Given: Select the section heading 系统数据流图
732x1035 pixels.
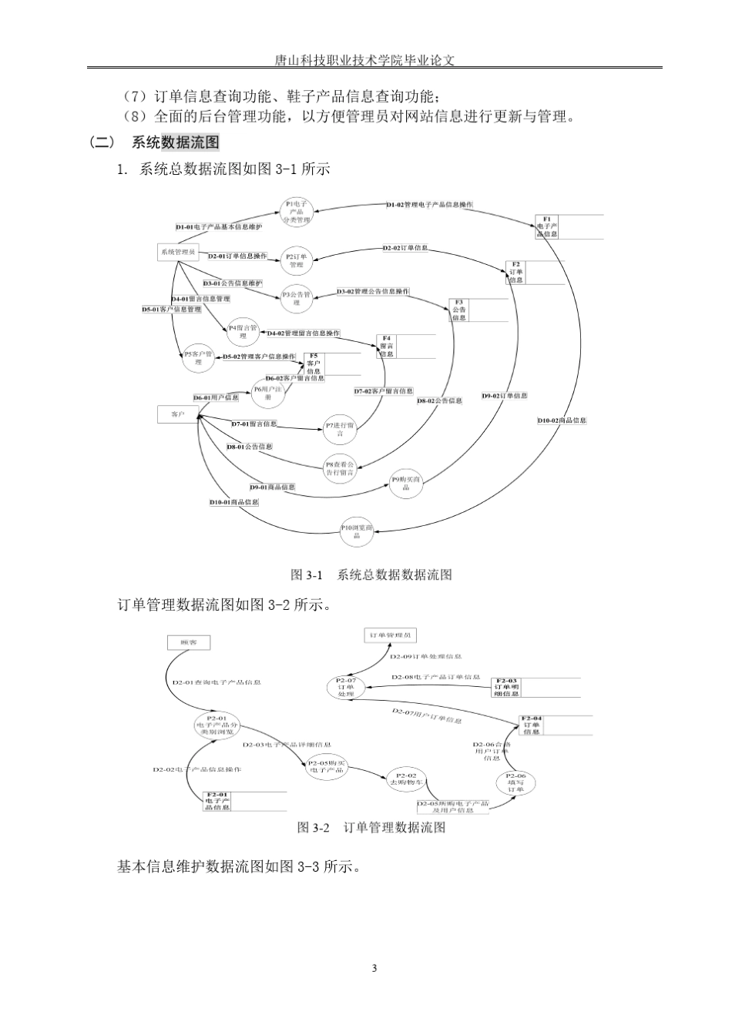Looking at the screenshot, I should (x=175, y=142).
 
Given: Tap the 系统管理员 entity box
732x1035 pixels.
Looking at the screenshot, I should (x=178, y=253).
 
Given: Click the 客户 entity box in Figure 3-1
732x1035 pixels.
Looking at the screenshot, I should (x=177, y=414).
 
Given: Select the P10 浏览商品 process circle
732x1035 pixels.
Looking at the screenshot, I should (x=357, y=531).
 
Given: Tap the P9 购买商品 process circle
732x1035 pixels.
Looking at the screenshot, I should (x=406, y=483).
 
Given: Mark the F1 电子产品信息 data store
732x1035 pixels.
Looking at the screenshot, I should (x=547, y=227).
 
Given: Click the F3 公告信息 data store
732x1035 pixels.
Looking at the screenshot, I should (x=459, y=310).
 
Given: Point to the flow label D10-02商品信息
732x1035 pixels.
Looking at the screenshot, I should (x=562, y=420).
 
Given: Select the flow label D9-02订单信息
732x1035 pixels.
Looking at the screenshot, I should (x=505, y=396).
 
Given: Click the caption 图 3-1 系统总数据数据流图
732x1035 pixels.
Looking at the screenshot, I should (x=371, y=574).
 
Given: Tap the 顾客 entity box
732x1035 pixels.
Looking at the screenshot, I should (x=189, y=642).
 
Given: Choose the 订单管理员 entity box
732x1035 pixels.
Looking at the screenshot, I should (x=390, y=635).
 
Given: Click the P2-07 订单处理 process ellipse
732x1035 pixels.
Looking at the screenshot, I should (x=346, y=687).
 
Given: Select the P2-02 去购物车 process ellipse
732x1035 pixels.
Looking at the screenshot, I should (x=406, y=779).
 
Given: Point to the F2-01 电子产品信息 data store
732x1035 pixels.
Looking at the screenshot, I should (x=217, y=801).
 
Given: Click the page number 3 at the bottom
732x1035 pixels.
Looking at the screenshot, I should (x=374, y=968).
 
